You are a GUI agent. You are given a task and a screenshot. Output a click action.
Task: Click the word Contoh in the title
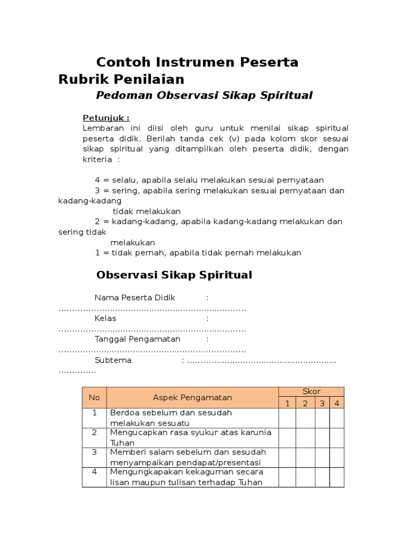pyautogui.click(x=121, y=63)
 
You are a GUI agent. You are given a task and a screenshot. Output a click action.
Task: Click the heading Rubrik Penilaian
pyautogui.click(x=121, y=80)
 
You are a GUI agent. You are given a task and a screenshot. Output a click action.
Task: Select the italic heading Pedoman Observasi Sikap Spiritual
pyautogui.click(x=204, y=96)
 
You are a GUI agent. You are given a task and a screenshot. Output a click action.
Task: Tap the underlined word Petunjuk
pyautogui.click(x=106, y=118)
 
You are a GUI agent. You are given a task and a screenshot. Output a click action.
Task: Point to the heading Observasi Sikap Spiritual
pyautogui.click(x=174, y=275)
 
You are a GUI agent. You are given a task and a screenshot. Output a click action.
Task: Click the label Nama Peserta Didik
pyautogui.click(x=135, y=297)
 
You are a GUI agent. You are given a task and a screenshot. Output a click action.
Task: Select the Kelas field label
pyautogui.click(x=105, y=319)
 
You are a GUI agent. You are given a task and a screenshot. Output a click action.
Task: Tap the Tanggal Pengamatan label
pyautogui.click(x=138, y=339)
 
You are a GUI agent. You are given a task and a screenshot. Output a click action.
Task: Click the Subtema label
pyautogui.click(x=113, y=361)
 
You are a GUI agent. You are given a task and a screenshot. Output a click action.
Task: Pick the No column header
pyautogui.click(x=94, y=397)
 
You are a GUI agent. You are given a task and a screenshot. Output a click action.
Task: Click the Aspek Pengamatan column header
pyautogui.click(x=192, y=397)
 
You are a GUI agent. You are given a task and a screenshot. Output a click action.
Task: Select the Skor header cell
pyautogui.click(x=311, y=391)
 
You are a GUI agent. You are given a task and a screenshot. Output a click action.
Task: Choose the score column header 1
pyautogui.click(x=287, y=403)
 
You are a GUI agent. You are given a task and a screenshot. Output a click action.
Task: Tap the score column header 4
pyautogui.click(x=337, y=403)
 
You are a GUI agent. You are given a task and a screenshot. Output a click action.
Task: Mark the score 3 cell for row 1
pyautogui.click(x=322, y=418)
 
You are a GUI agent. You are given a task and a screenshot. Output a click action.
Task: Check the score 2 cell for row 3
pyautogui.click(x=305, y=457)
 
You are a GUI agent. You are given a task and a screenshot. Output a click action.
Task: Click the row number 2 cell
pyautogui.click(x=94, y=437)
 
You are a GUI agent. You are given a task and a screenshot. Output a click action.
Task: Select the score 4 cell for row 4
pyautogui.click(x=337, y=477)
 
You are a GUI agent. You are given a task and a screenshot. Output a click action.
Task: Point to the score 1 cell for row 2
pyautogui.click(x=287, y=437)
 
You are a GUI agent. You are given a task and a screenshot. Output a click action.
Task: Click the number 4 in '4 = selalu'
pyautogui.click(x=98, y=180)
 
